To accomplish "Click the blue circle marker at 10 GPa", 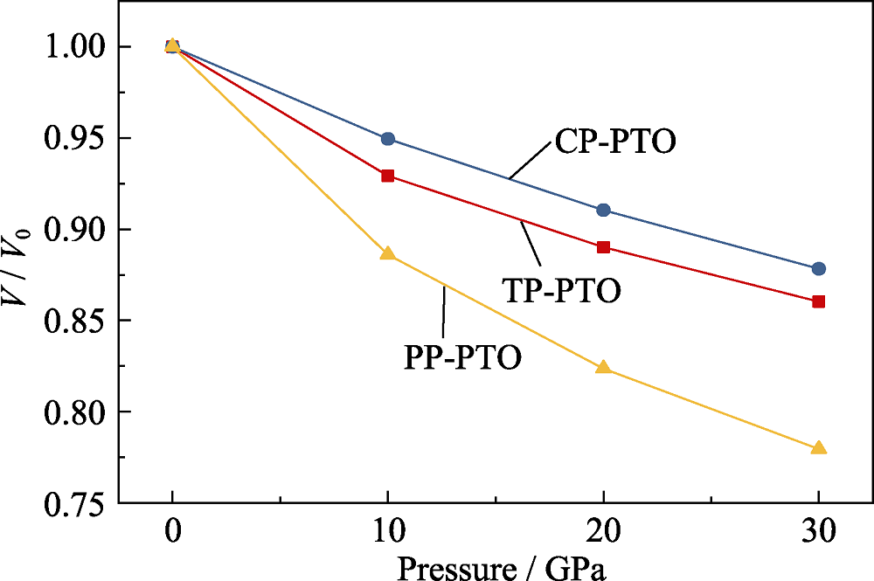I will [x=388, y=139].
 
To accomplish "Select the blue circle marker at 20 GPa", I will [x=603, y=211].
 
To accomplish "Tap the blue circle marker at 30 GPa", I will [x=819, y=268].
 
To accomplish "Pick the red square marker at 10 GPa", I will [x=388, y=176].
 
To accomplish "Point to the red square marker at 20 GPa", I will [x=603, y=247].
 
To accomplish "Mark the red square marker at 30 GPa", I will [x=819, y=301].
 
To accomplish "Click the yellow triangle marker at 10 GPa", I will [x=388, y=254].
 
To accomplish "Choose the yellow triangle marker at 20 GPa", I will [x=603, y=367].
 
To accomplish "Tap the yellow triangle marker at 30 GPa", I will [x=819, y=447].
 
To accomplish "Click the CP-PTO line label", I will [x=615, y=142].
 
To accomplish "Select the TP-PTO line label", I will [x=562, y=290].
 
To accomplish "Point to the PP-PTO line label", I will [x=463, y=358].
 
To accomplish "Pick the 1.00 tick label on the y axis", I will [x=76, y=47].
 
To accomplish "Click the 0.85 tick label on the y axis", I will [x=76, y=321].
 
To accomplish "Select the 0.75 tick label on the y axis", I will [x=76, y=503].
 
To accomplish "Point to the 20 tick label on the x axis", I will [x=603, y=531].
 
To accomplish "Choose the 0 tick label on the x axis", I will [x=172, y=531].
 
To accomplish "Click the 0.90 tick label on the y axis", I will [x=76, y=230].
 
